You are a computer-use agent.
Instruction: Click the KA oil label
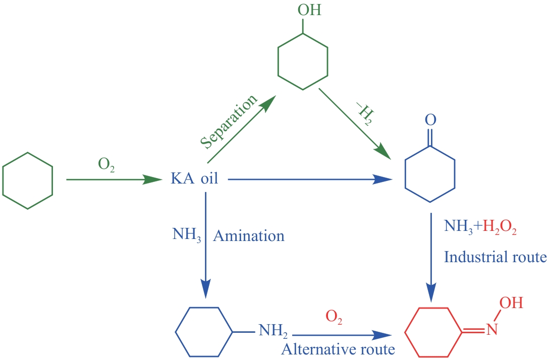pyautogui.click(x=195, y=179)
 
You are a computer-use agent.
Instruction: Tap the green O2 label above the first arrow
pyautogui.click(x=106, y=165)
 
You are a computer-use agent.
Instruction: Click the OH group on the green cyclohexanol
pyautogui.click(x=309, y=10)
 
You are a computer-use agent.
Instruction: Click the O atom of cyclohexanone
pyautogui.click(x=430, y=121)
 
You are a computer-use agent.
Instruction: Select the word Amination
pyautogui.click(x=249, y=236)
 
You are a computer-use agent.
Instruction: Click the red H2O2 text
pyautogui.click(x=499, y=227)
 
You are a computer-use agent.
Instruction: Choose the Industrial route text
pyautogui.click(x=495, y=257)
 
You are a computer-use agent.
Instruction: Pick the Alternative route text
pyautogui.click(x=338, y=348)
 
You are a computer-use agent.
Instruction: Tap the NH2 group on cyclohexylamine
pyautogui.click(x=273, y=331)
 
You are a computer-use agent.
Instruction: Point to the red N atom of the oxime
pyautogui.click(x=492, y=331)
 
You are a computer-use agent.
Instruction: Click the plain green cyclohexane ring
pyautogui.click(x=28, y=180)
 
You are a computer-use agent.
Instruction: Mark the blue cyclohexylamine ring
pyautogui.click(x=204, y=332)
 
